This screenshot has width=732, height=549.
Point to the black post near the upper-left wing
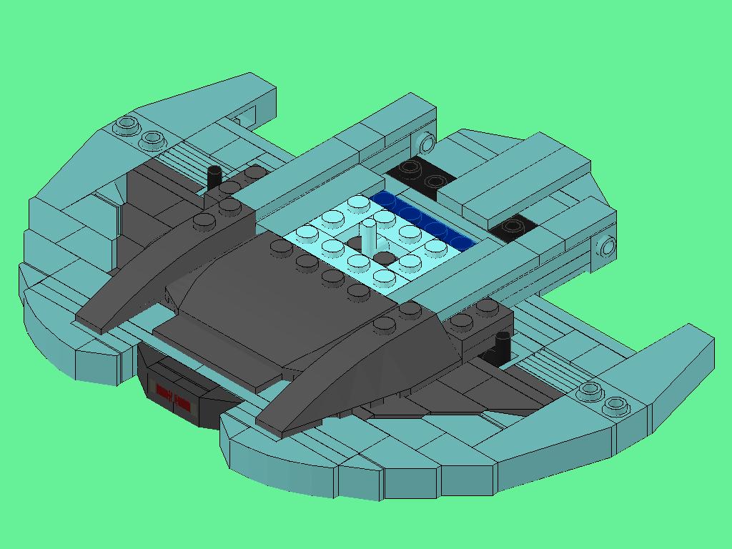[214, 177]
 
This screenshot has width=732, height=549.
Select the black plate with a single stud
[513, 227]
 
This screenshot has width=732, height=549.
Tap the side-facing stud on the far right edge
[607, 248]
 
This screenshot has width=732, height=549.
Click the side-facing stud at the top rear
[427, 144]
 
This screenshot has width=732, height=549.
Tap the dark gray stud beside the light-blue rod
[385, 258]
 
